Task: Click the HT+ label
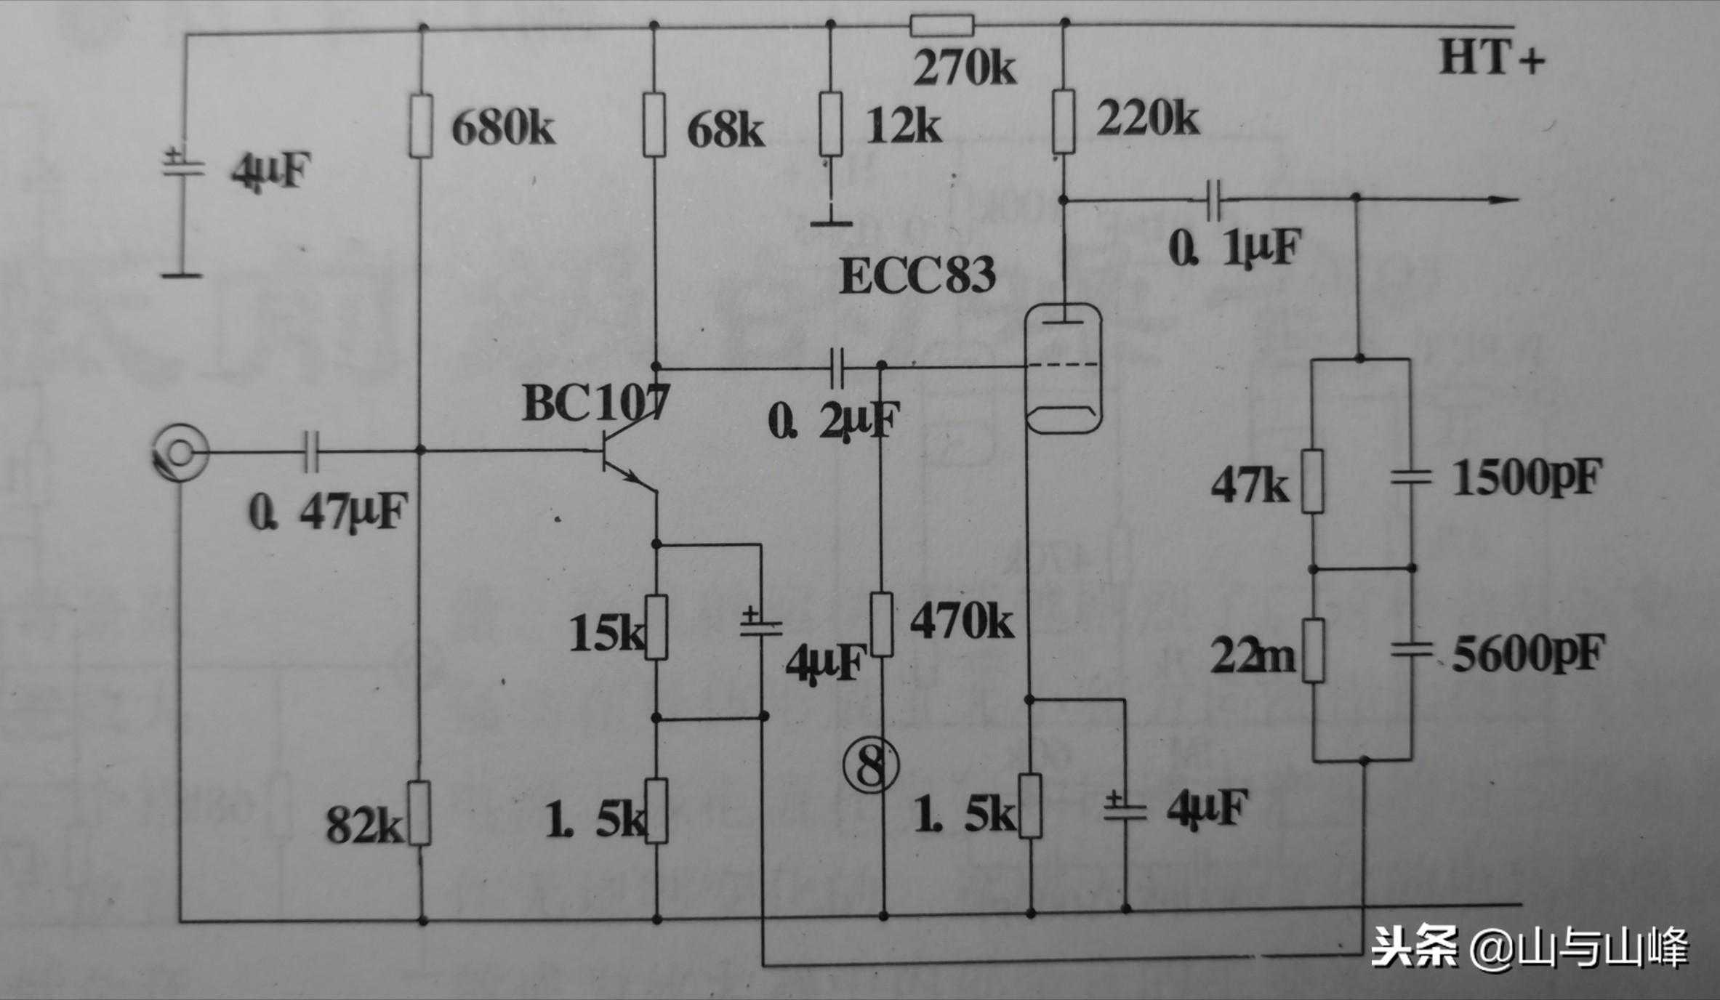[1491, 58]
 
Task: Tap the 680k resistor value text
[503, 129]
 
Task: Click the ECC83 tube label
[917, 277]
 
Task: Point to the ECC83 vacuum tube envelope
[1062, 368]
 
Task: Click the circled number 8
[871, 766]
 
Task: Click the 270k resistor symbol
[941, 27]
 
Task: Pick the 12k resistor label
[904, 128]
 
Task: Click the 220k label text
[1147, 118]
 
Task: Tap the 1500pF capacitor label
[1527, 479]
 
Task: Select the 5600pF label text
[1527, 654]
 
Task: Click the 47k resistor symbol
[1313, 482]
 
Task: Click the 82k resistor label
[363, 826]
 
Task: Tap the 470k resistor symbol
[882, 624]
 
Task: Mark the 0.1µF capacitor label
[1232, 249]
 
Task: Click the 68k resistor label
[725, 131]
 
